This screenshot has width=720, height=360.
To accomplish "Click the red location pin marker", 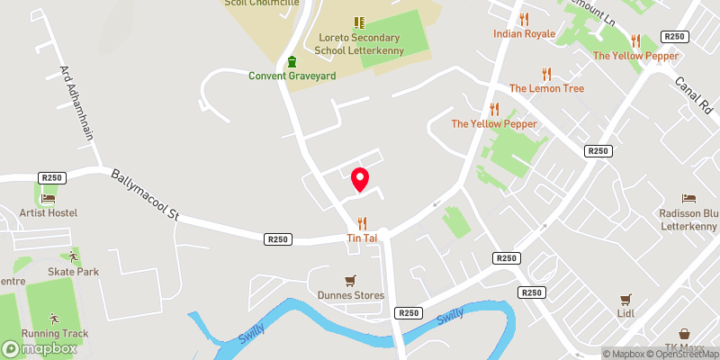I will tap(360, 179).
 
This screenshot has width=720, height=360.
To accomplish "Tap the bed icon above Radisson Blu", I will tap(688, 198).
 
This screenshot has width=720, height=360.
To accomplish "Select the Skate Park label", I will tap(74, 272).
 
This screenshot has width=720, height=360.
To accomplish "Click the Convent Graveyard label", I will tap(292, 76).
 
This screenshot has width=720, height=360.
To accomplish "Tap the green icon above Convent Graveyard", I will tap(292, 61).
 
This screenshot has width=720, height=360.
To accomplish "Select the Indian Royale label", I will tap(524, 34).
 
